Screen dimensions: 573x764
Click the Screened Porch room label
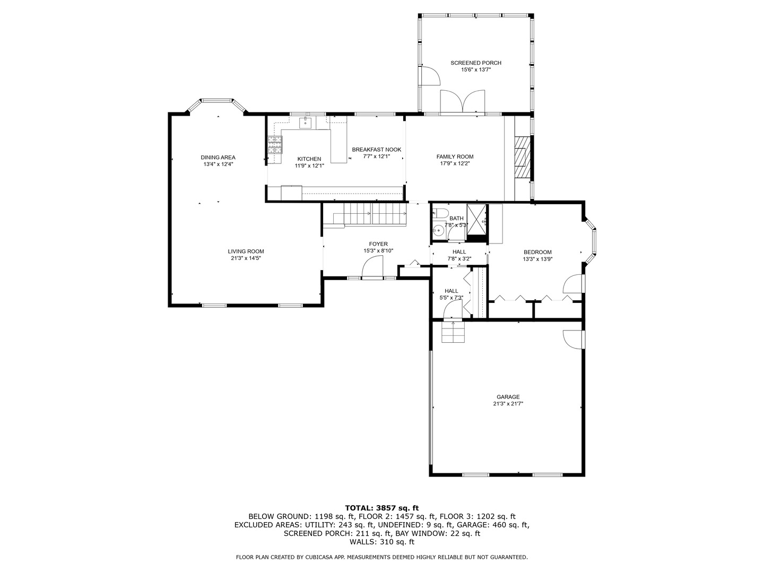pyautogui.click(x=475, y=63)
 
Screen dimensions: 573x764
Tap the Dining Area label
pyautogui.click(x=218, y=157)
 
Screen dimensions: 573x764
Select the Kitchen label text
pyautogui.click(x=309, y=159)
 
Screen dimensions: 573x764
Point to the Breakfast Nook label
pyautogui.click(x=376, y=150)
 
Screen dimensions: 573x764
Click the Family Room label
pyautogui.click(x=455, y=157)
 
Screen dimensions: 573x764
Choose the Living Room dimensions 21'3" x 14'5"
pyautogui.click(x=246, y=258)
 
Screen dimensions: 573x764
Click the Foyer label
pyautogui.click(x=378, y=244)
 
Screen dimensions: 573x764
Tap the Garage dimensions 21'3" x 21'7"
pyautogui.click(x=508, y=404)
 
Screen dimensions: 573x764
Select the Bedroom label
pyautogui.click(x=537, y=252)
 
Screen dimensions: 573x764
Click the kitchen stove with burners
pyautogui.click(x=275, y=145)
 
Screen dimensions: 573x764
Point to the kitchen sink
pyautogui.click(x=305, y=123)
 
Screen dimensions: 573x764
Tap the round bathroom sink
pyautogui.click(x=438, y=231)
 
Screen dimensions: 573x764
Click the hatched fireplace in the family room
pyautogui.click(x=523, y=158)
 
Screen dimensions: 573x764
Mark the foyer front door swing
pyautogui.click(x=372, y=266)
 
